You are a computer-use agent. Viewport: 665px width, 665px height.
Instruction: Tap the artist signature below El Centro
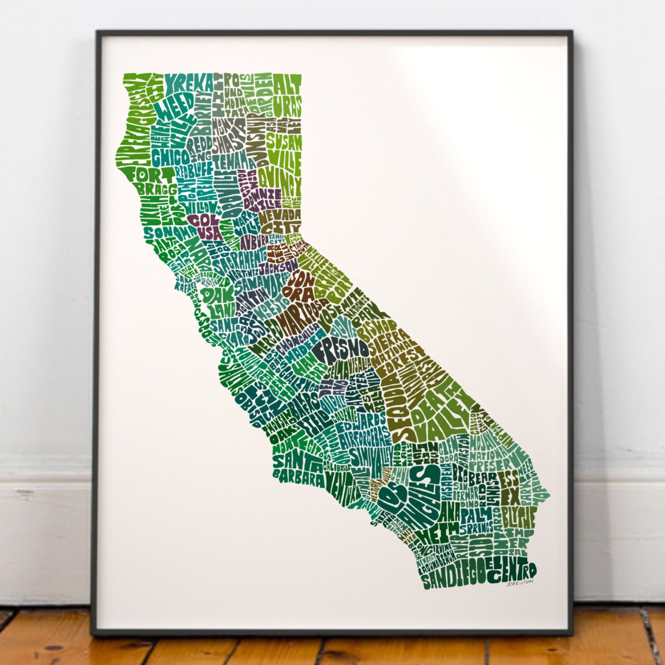point(521,585)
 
